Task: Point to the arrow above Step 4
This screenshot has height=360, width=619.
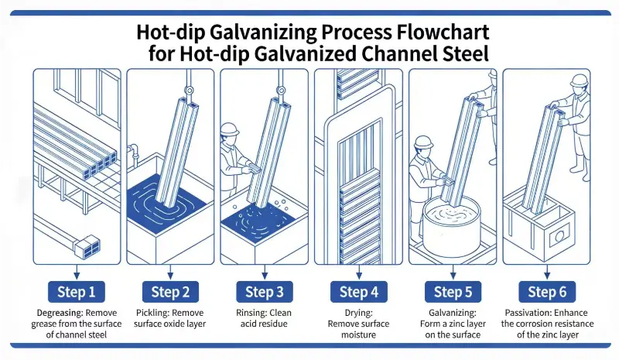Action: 358,269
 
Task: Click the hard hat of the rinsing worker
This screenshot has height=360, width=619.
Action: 229,129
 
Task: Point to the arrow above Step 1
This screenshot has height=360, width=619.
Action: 76,269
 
